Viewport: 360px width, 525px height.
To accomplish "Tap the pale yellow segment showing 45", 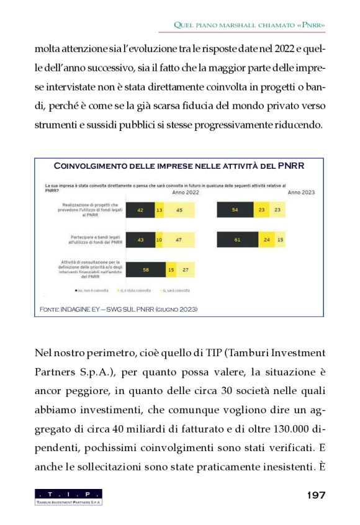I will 179,210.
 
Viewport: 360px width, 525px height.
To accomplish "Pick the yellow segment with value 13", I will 160,210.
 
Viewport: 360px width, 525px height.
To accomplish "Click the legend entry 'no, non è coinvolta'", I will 93,290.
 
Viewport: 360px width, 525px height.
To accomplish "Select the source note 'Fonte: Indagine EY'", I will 119,308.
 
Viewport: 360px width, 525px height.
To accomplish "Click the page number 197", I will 316,495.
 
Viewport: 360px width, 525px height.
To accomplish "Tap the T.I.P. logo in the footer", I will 68,496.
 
